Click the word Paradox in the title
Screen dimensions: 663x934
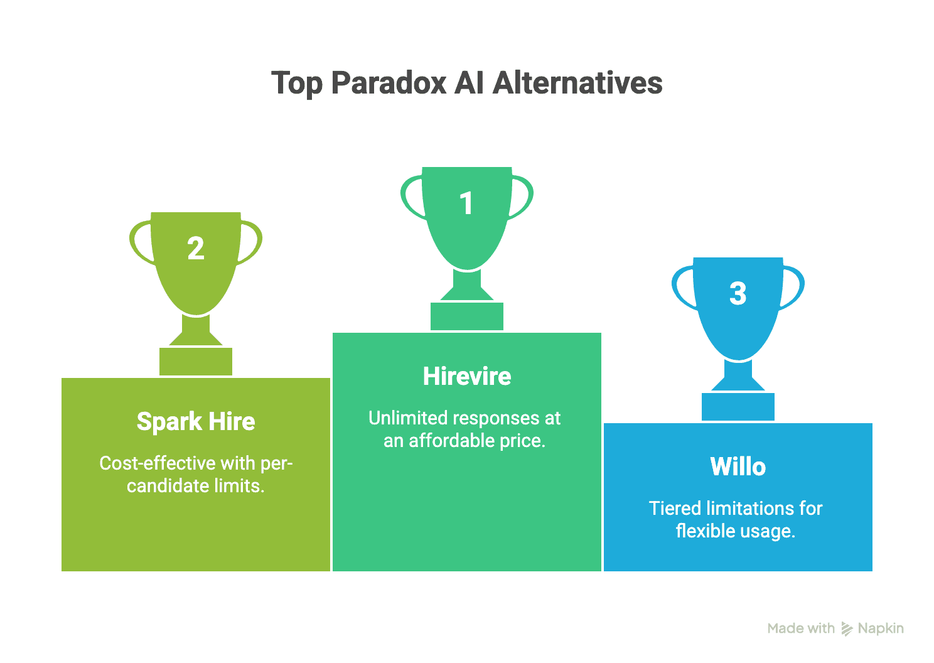389,83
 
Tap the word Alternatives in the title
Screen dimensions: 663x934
577,83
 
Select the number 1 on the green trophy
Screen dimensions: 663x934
466,203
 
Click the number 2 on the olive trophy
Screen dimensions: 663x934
196,249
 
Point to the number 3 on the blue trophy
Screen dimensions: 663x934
738,294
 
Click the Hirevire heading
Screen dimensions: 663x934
467,376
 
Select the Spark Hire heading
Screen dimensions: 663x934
196,421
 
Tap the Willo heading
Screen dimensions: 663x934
738,466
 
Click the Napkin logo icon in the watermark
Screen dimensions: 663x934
847,628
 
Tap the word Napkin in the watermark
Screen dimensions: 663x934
881,628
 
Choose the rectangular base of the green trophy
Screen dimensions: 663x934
467,316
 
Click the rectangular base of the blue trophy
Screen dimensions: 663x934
738,407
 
